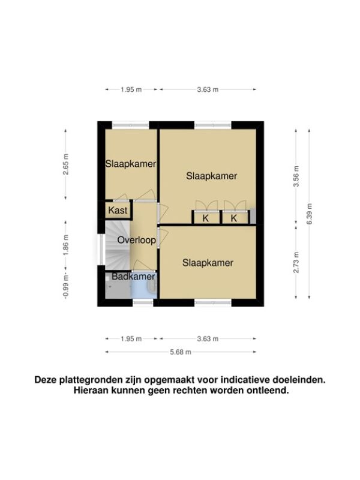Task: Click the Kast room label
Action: (118, 211)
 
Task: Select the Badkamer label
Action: (133, 277)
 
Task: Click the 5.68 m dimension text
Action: (181, 352)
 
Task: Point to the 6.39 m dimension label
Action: (309, 214)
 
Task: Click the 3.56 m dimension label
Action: (296, 176)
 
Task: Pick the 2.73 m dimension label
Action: (296, 262)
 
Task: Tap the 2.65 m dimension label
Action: (65, 164)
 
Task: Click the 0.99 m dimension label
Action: (65, 286)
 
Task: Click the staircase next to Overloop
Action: (118, 246)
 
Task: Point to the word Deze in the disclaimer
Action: (46, 380)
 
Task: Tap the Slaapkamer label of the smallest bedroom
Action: (131, 164)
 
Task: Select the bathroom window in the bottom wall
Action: (143, 303)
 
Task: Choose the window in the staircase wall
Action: (101, 249)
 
